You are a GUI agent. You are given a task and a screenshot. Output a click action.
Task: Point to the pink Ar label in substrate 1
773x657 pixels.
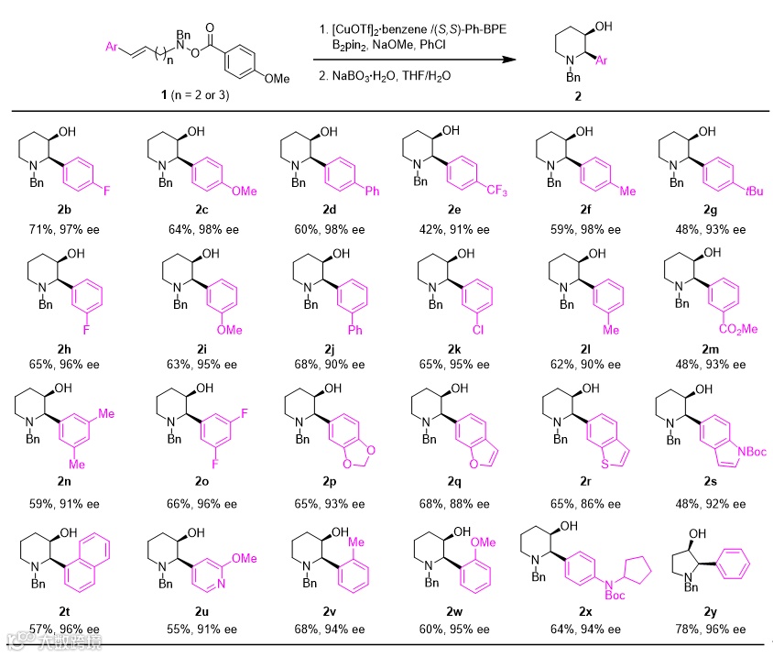pos(111,43)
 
